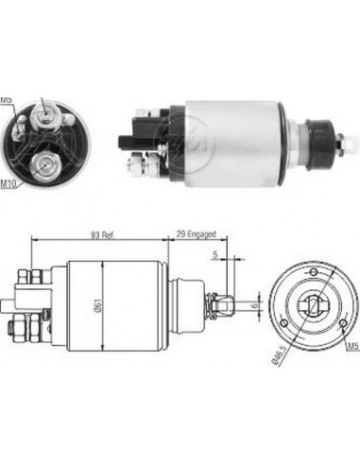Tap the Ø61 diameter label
coord(98,307)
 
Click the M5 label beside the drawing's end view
coord(351,347)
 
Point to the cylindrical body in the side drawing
coord(104,304)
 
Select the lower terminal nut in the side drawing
coord(18,330)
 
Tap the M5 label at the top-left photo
coord(8,99)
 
